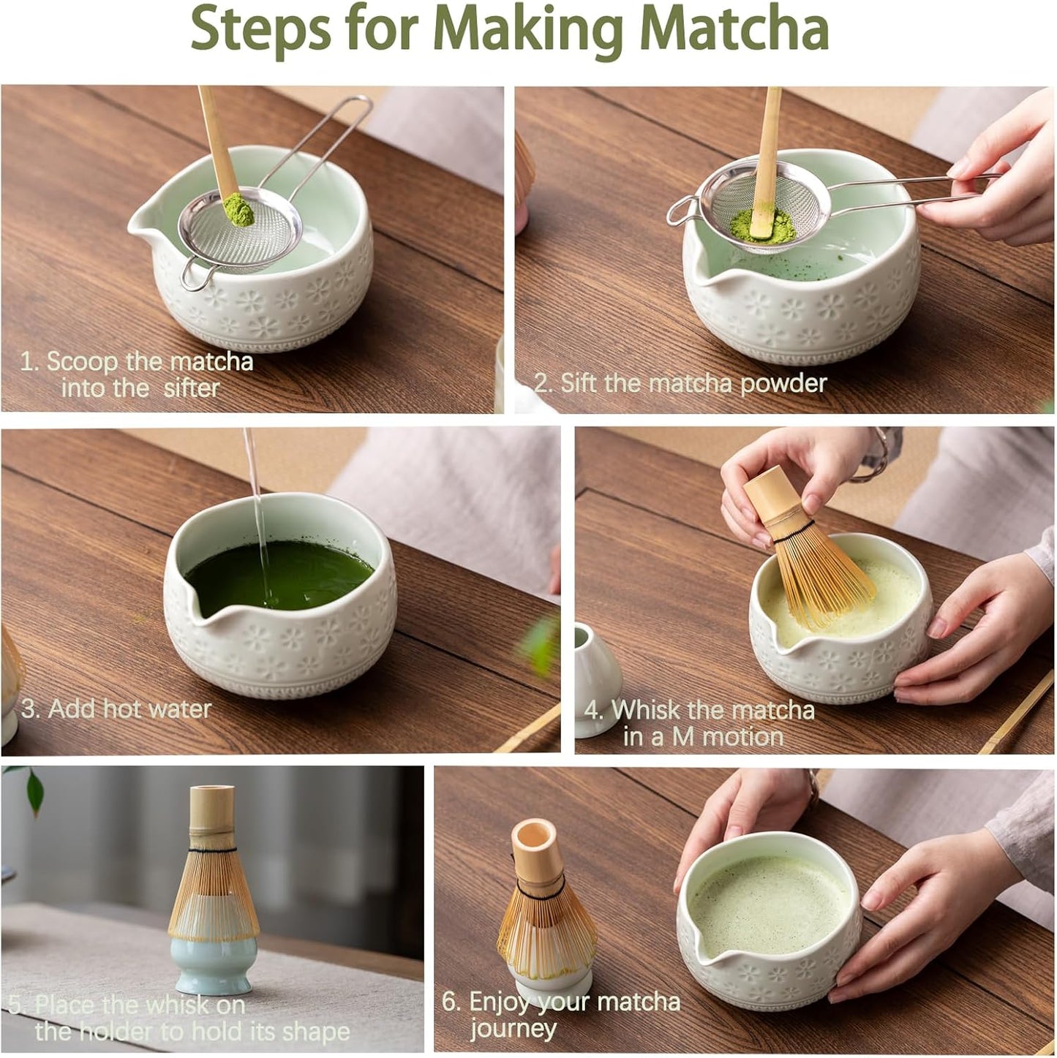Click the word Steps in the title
click(260, 29)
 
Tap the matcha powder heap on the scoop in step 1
click(238, 208)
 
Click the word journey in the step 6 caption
click(513, 1029)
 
